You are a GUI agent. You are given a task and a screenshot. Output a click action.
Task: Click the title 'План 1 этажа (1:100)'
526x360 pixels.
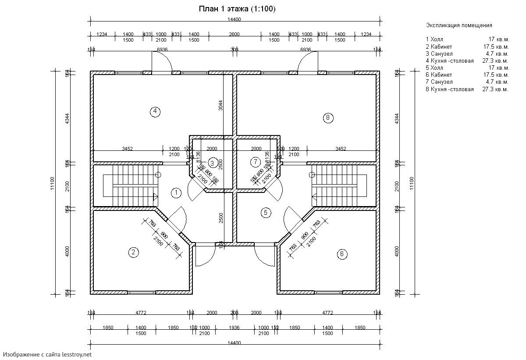237,9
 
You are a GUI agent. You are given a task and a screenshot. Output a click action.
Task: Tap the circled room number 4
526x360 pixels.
155,111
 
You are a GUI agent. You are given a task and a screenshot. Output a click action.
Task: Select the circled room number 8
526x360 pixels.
328,117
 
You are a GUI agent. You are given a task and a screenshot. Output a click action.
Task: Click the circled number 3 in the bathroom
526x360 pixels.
212,163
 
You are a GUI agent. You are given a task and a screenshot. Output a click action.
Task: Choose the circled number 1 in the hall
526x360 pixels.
176,192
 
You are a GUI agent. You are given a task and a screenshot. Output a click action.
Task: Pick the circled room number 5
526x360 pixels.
266,213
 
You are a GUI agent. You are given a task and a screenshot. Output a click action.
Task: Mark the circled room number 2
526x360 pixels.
133,252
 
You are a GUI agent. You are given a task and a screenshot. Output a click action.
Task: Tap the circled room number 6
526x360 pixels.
342,254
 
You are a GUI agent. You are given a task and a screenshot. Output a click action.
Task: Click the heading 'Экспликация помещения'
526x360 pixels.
459,25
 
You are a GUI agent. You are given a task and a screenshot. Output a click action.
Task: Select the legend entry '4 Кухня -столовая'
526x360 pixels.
450,61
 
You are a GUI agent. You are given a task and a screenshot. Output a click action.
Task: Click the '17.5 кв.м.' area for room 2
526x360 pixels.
496,46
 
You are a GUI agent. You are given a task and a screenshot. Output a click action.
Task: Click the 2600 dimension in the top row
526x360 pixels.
234,34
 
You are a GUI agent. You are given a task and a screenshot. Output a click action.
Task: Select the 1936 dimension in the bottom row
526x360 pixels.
234,328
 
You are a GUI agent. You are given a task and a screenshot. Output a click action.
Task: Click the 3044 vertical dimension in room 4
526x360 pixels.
221,105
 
